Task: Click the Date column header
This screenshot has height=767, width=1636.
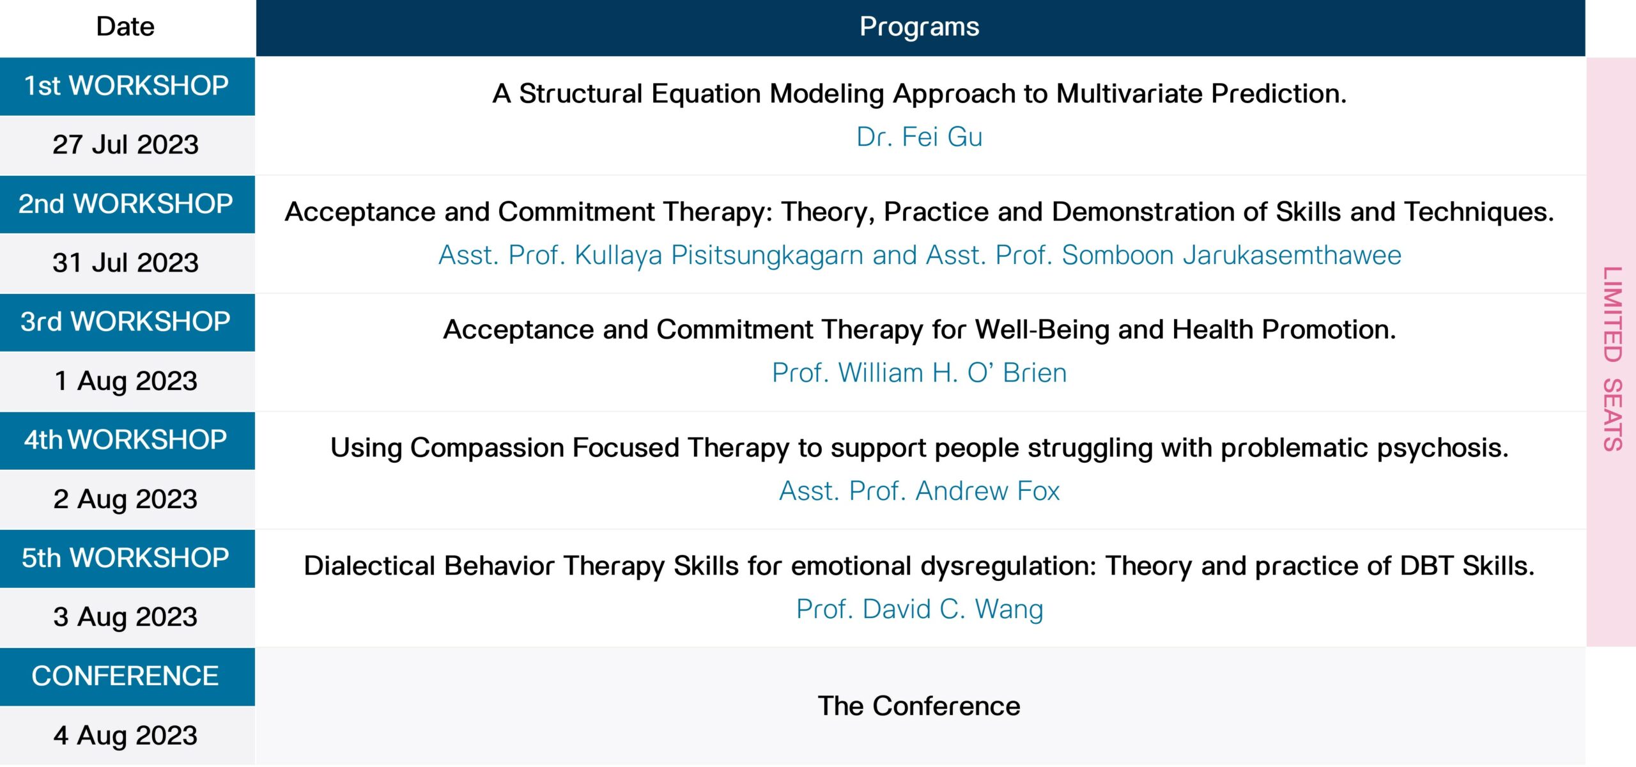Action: pyautogui.click(x=125, y=27)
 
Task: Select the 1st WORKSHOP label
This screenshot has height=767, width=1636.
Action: pyautogui.click(x=127, y=86)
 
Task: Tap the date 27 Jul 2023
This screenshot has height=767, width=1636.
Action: pyautogui.click(x=126, y=144)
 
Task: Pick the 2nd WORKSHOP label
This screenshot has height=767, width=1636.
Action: pyautogui.click(x=126, y=204)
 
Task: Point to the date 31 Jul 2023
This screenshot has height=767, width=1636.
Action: pyautogui.click(x=126, y=263)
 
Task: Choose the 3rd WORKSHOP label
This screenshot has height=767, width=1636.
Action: pyautogui.click(x=125, y=322)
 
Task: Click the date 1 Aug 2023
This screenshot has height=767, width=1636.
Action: pyautogui.click(x=126, y=382)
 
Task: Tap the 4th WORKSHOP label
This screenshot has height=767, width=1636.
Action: pyautogui.click(x=126, y=440)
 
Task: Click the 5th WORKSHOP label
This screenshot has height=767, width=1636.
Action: pyautogui.click(x=125, y=558)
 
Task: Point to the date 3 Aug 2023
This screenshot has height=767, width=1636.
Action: pyautogui.click(x=126, y=617)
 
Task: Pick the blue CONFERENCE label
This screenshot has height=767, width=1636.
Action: pyautogui.click(x=125, y=676)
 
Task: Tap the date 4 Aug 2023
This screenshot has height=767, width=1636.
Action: pyautogui.click(x=126, y=736)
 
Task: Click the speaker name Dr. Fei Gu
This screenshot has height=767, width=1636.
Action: pyautogui.click(x=919, y=137)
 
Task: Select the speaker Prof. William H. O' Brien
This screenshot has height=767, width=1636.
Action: pyautogui.click(x=919, y=373)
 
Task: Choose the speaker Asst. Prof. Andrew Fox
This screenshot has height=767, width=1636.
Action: pyautogui.click(x=919, y=491)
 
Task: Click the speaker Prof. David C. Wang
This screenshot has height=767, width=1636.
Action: pyautogui.click(x=919, y=610)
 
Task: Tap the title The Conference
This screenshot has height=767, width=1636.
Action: pyautogui.click(x=919, y=706)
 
